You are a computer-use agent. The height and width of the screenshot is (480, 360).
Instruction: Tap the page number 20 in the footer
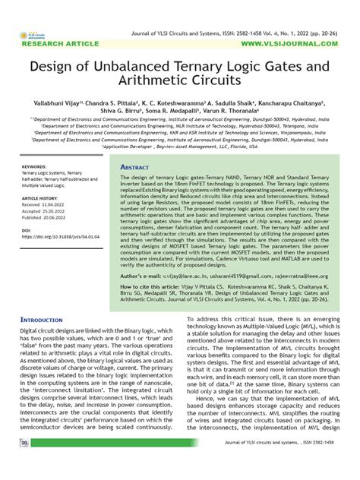click(x=25, y=463)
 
